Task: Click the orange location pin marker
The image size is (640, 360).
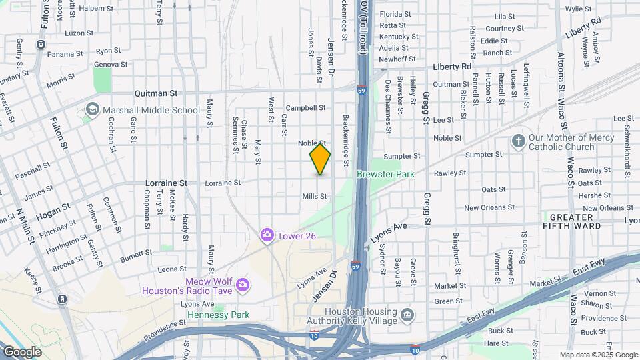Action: click(320, 159)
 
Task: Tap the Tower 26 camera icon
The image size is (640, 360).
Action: click(267, 234)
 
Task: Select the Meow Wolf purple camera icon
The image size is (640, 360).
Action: click(243, 285)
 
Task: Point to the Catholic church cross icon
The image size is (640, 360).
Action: click(518, 141)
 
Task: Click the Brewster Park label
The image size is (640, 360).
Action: click(385, 174)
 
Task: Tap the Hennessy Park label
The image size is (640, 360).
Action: click(218, 315)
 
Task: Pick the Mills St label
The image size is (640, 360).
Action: click(315, 197)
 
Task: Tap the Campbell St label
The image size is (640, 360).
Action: click(305, 107)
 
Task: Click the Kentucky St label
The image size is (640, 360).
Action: click(399, 37)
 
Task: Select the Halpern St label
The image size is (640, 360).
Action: click(97, 9)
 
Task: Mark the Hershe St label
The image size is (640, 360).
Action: click(589, 195)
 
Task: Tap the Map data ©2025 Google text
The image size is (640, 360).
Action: click(598, 355)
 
